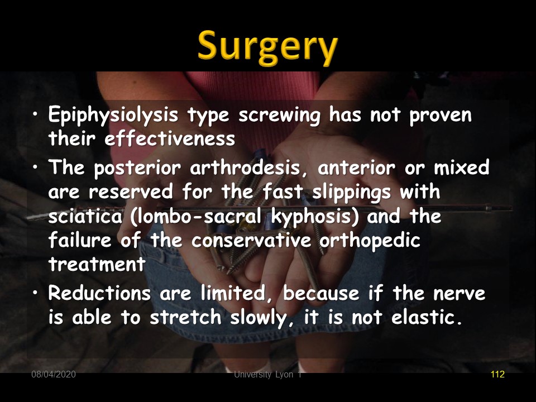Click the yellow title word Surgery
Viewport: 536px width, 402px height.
267,48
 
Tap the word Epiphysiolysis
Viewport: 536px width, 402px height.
113,115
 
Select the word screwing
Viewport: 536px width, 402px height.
279,116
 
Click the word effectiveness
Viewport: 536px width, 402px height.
170,138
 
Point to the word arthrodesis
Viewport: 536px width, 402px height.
245,167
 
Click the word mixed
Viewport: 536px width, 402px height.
462,167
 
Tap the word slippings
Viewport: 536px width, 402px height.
351,192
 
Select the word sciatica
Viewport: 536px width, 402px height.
85,216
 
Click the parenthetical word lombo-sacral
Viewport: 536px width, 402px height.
195,216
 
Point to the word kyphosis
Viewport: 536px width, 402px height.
315,217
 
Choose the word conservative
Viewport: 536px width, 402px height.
251,240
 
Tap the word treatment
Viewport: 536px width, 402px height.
97,264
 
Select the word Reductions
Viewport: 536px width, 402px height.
99,293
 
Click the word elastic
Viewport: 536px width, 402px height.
426,317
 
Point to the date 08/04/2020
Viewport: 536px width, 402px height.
54,374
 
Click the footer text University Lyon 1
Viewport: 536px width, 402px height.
267,375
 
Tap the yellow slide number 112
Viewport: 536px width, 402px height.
497,374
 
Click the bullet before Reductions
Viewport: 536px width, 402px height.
35,293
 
